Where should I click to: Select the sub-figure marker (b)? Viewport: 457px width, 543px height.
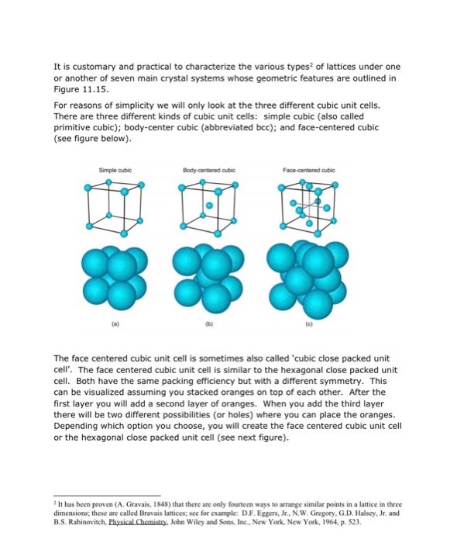click(208, 316)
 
